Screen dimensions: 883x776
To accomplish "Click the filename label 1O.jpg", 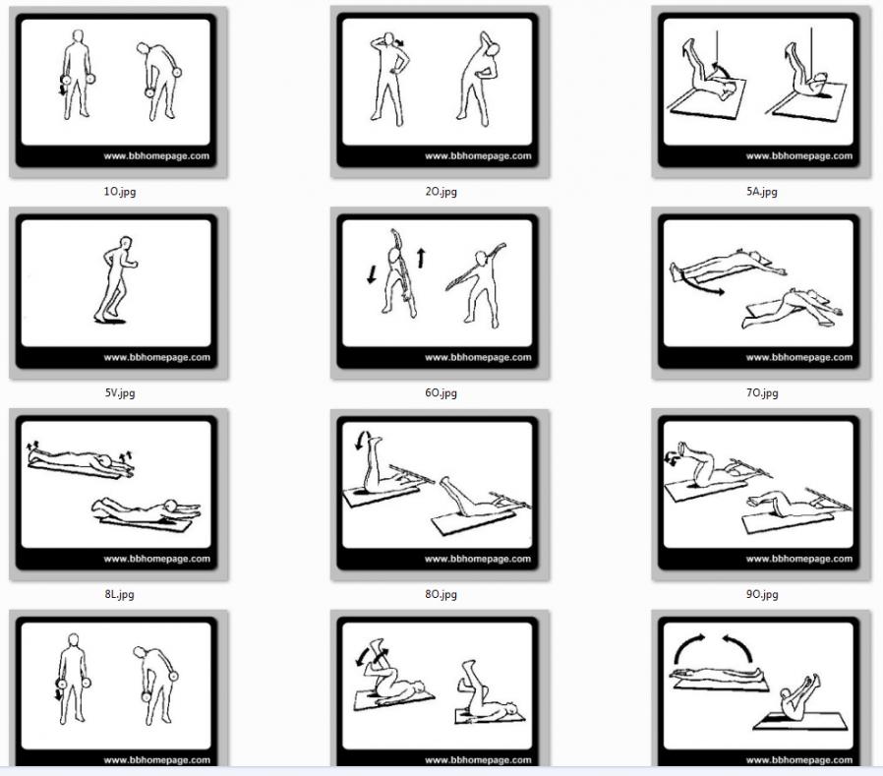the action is (119, 192).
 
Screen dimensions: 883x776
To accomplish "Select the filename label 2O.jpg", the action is (441, 192).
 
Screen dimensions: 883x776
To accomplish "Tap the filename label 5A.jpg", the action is (762, 192).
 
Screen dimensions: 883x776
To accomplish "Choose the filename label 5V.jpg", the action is (119, 392).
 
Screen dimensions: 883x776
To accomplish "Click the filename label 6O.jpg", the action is (441, 392).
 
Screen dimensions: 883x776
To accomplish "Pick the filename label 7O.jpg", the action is (762, 392).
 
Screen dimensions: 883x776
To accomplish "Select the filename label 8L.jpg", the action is (119, 593).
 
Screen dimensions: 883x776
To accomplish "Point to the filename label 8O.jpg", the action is (441, 593).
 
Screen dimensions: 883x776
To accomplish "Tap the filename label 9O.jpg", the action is (762, 593).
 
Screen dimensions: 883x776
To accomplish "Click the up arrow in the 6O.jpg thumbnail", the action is (421, 258).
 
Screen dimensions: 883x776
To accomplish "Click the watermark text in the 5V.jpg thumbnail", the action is (156, 357).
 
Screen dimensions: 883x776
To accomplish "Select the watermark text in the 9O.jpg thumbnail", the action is (799, 559).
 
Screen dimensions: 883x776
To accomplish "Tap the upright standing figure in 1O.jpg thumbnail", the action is (77, 75).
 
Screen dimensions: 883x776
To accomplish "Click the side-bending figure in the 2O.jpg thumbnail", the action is (478, 79).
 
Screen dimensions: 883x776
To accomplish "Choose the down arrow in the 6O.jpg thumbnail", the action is (371, 274).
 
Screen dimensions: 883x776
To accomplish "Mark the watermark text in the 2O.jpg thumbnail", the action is (478, 156).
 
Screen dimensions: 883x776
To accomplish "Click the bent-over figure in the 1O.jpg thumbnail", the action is (159, 81).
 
